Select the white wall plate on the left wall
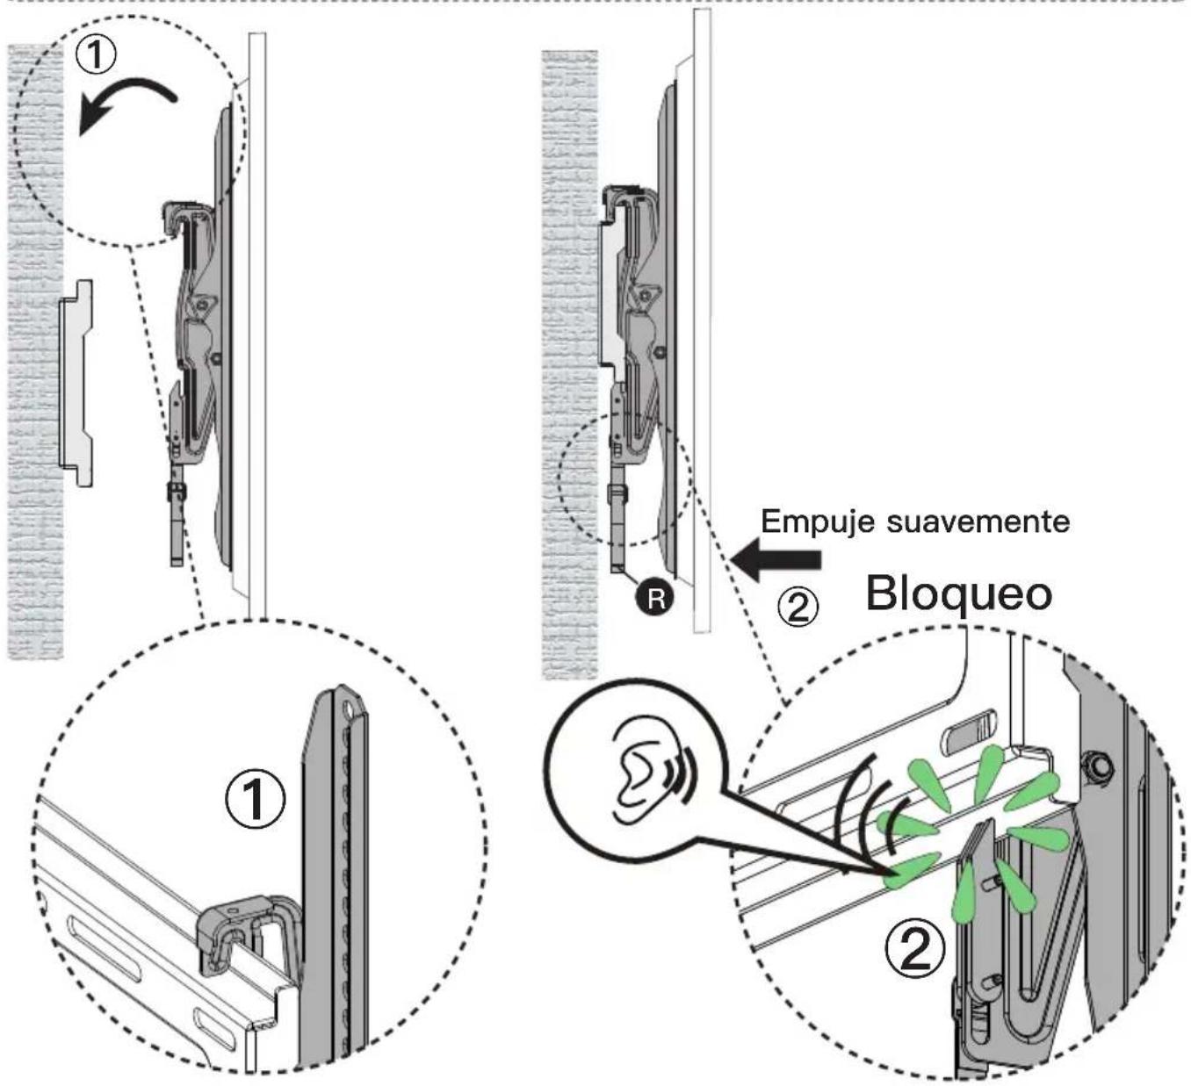pyautogui.click(x=76, y=384)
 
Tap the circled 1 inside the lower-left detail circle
pyautogui.click(x=255, y=799)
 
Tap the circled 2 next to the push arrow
pyautogui.click(x=798, y=608)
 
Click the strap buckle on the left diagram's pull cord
pyautogui.click(x=177, y=492)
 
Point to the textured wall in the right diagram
pyautogui.click(x=570, y=365)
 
